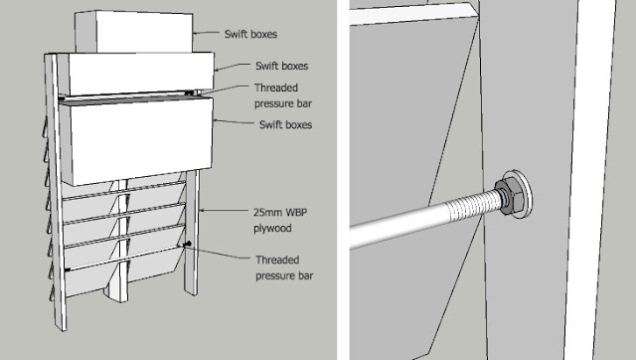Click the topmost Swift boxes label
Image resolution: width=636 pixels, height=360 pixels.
[250, 34]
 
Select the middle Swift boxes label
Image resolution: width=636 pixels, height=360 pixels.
[282, 66]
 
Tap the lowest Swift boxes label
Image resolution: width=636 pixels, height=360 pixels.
[285, 124]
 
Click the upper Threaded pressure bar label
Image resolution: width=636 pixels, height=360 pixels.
[283, 95]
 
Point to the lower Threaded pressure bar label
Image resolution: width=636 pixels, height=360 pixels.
[284, 268]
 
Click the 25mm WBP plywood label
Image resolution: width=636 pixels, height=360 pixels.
[280, 221]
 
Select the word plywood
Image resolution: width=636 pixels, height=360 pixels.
[272, 229]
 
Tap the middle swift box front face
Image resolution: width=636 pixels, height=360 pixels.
[141, 73]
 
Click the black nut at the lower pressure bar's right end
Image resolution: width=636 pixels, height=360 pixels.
[188, 244]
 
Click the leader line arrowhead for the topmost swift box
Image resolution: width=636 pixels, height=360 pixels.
[196, 33]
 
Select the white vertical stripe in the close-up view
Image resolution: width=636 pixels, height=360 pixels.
[589, 180]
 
